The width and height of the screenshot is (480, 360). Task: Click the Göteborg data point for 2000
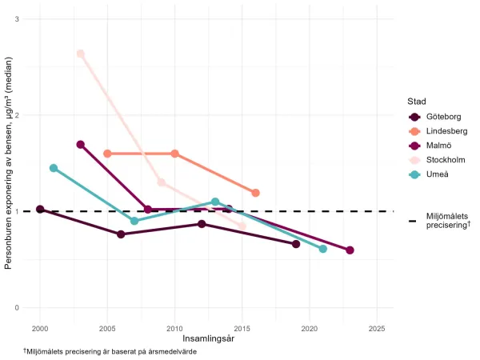(x=40, y=210)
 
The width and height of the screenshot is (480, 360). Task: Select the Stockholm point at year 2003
(x=80, y=54)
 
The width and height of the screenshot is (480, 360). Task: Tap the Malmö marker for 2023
(x=350, y=250)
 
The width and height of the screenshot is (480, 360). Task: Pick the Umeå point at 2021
(x=322, y=249)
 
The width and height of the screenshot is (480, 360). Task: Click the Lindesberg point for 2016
(x=255, y=193)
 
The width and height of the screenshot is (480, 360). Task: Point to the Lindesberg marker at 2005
(x=107, y=154)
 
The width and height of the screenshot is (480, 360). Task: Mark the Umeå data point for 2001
(x=54, y=168)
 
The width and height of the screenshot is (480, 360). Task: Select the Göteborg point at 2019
(x=296, y=244)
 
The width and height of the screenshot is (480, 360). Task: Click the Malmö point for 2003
(x=80, y=145)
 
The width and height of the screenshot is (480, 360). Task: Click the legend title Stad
(x=416, y=102)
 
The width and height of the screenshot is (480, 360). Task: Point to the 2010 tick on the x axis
(x=174, y=328)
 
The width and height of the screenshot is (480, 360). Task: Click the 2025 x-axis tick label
(x=377, y=328)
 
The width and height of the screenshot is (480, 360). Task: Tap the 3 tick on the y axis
(x=18, y=18)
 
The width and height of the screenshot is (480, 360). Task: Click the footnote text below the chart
(x=110, y=351)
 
